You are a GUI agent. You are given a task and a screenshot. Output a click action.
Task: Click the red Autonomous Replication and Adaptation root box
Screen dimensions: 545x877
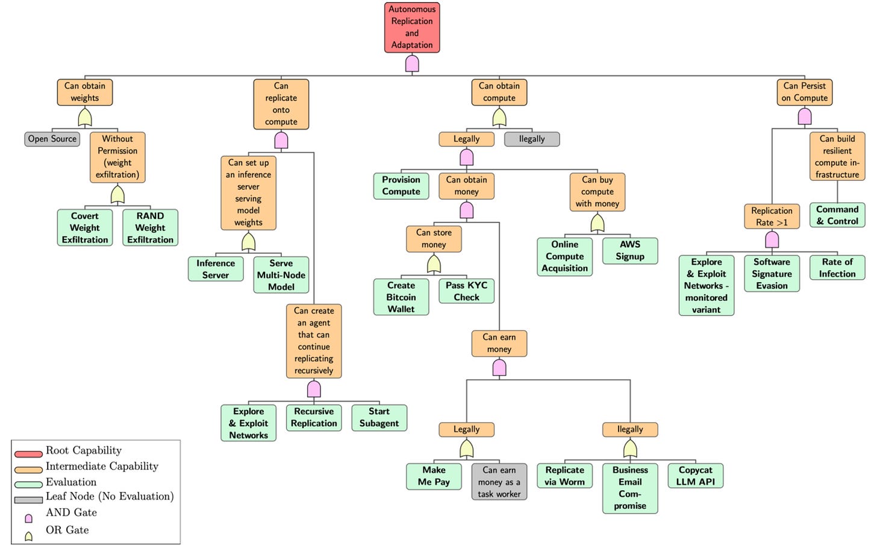tap(412, 27)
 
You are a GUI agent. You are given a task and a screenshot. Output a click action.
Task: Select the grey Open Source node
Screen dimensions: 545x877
tap(52, 139)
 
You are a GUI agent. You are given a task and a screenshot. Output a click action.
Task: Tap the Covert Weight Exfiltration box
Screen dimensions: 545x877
tap(85, 227)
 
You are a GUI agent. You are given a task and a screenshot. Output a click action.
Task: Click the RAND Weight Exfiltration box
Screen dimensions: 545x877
tap(150, 227)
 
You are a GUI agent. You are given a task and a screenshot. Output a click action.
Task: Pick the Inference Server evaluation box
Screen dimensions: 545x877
tap(216, 269)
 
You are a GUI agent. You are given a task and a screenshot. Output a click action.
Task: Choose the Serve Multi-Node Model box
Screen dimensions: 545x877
tap(281, 275)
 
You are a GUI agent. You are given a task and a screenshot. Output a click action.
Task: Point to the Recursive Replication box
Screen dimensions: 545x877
tap(314, 417)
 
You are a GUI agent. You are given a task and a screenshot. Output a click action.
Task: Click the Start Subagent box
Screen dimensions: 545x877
tap(379, 417)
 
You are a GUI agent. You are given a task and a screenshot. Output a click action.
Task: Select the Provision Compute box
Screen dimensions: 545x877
tap(401, 186)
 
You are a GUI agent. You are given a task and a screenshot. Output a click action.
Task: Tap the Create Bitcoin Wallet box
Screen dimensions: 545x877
tap(401, 297)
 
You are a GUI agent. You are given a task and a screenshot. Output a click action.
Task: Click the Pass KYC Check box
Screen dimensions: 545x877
tap(466, 291)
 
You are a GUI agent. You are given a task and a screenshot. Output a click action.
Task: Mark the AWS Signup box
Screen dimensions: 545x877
tap(630, 250)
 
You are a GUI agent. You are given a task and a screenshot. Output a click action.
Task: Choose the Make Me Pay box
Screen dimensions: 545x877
tap(434, 476)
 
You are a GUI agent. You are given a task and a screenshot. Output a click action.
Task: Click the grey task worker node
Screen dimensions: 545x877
tap(499, 482)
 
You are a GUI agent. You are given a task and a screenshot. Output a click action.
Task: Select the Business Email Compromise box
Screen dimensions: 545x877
tap(630, 488)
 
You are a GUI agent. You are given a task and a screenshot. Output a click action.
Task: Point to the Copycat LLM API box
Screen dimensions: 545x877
tap(695, 476)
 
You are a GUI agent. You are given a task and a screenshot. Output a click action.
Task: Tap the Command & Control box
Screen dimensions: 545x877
tap(837, 215)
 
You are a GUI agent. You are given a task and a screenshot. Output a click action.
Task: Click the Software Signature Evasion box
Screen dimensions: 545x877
tap(772, 274)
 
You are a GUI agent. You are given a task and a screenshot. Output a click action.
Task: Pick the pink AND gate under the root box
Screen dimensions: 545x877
tap(412, 63)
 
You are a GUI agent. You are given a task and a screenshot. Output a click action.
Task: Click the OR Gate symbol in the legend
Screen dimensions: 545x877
tap(28, 536)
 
